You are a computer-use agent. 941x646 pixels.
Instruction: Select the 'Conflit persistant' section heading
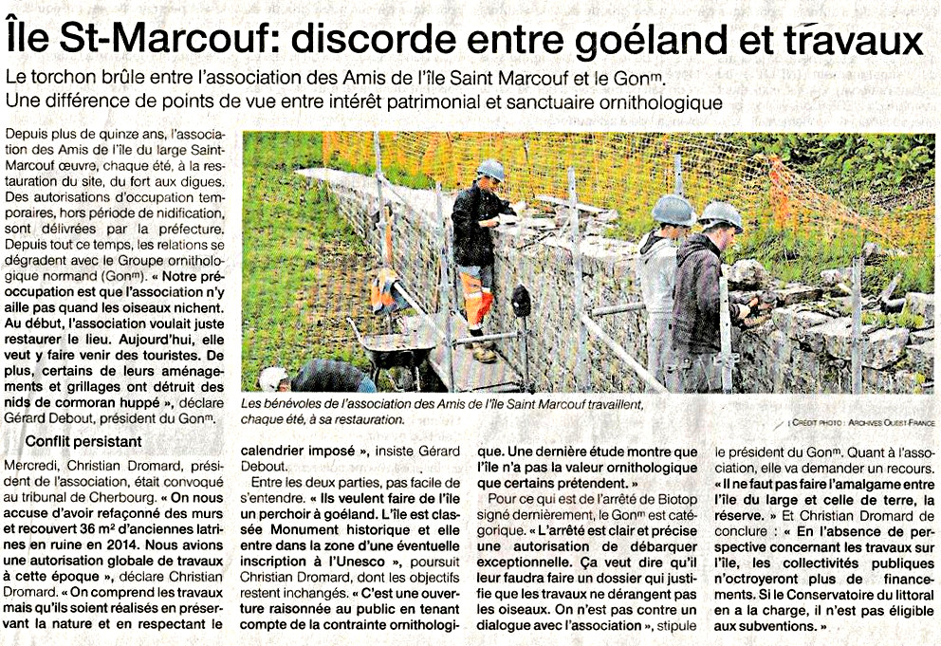83,440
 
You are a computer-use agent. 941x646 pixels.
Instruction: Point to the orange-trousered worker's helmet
490,169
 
